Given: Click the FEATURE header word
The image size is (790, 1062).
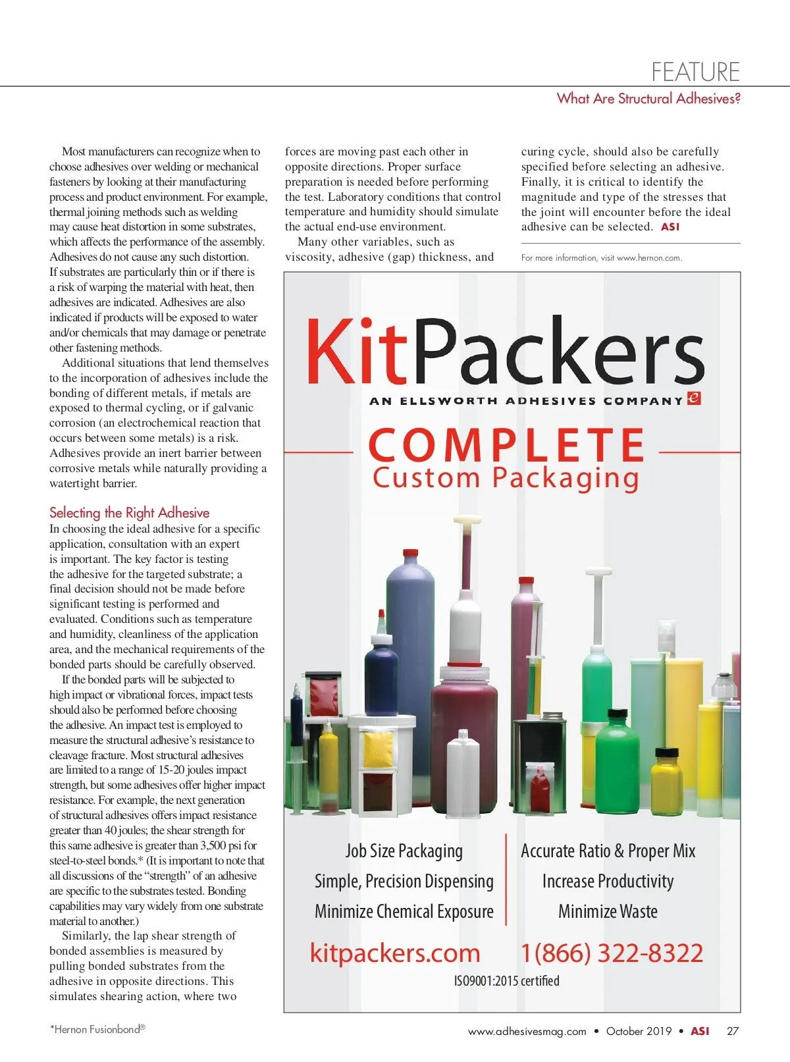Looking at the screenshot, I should pos(695,71).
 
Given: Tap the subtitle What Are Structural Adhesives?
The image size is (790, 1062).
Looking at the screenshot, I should pos(648,99).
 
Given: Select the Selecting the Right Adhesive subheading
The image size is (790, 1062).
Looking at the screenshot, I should pos(129,513).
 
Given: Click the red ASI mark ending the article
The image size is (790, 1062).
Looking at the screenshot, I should pos(670,227).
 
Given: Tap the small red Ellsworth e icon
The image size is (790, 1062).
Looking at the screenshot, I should pos(693,398).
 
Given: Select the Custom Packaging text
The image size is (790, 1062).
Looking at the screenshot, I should pos(506,478).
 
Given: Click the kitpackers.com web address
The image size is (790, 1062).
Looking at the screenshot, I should pos(395,953).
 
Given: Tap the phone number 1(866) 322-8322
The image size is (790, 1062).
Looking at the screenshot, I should pos(612,953).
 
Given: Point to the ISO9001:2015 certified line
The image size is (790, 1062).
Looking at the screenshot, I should pos(506,981).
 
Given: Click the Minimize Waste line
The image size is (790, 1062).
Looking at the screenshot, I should pos(608,911).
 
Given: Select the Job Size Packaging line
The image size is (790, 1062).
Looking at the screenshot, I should pos(404,851).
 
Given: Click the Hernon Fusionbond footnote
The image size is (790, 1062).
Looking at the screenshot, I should pos(97,1029).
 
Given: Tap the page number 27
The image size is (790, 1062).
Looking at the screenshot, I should pos(733,1031).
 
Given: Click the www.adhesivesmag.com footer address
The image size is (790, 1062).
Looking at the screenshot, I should pos(527,1032).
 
